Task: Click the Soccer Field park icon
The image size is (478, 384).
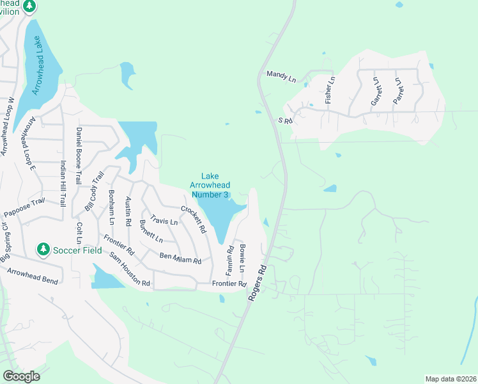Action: pos(43,248)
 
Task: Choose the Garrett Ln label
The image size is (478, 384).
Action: pos(375,92)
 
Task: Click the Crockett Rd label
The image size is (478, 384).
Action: pos(193,219)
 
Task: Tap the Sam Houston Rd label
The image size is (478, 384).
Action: pos(129,269)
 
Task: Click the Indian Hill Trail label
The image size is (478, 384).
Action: pos(63,183)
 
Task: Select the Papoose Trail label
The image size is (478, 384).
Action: pos(24,207)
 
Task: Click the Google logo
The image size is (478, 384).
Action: pos(21,376)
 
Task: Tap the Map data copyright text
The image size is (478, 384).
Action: pos(450,379)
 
